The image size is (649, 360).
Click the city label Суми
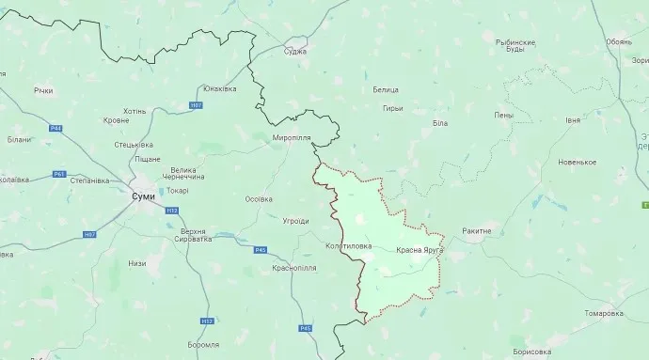tap(142, 197)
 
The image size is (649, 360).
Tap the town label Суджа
tap(294, 52)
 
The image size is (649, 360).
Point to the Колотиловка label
tap(348, 246)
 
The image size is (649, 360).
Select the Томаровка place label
tap(603, 313)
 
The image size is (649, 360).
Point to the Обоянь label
tap(619, 41)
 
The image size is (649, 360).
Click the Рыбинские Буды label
tap(514, 47)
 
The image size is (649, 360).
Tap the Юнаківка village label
tap(218, 88)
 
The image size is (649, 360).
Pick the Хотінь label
tap(135, 111)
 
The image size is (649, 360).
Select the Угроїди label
tap(295, 221)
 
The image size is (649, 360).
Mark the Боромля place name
tap(203, 345)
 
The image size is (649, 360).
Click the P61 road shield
tap(59, 174)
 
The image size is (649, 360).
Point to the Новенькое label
tap(577, 162)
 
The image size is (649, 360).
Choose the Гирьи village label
tap(392, 109)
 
